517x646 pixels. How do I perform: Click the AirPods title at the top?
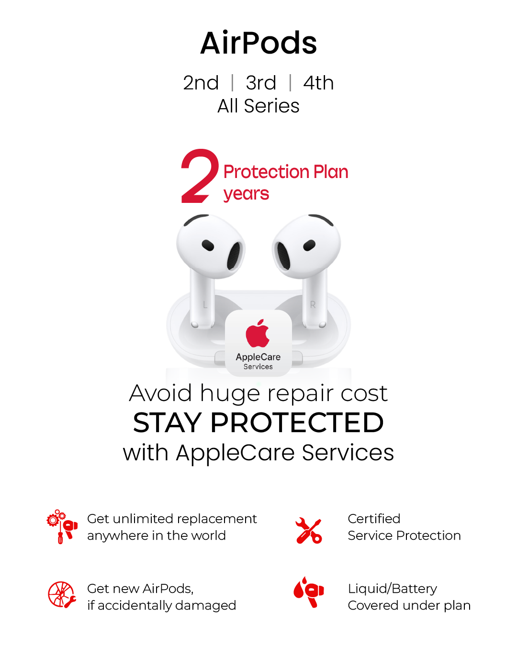pos(258,43)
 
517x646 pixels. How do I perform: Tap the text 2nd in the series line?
pos(201,83)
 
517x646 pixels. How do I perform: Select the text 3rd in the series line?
pos(261,83)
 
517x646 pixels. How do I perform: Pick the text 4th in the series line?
pos(318,83)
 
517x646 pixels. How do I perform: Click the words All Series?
pos(258,106)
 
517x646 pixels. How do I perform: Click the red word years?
pos(246,194)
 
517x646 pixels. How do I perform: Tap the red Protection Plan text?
pos(286,172)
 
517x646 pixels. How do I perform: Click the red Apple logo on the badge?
pos(258,334)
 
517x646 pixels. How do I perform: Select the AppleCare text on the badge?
pos(258,357)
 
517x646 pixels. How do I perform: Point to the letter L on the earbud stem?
pos(205,304)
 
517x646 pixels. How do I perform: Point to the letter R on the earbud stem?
pos(313,304)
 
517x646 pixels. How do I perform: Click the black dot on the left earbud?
pos(208,245)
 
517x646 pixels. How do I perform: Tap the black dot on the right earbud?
pos(309,245)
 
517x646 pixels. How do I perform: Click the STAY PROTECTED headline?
pos(258,423)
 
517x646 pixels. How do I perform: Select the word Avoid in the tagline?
pos(161,393)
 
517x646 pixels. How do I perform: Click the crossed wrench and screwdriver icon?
pos(309,531)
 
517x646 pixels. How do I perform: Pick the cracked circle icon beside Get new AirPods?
pos(62,595)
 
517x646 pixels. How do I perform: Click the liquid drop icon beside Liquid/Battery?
pos(309,592)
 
